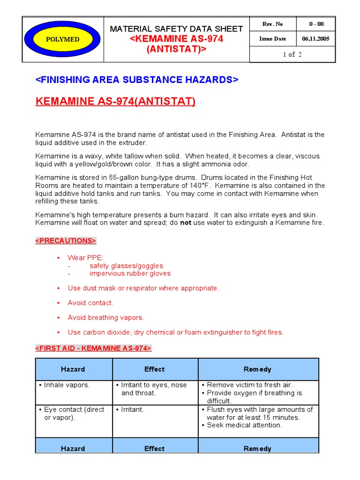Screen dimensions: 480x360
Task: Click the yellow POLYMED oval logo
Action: [62, 39]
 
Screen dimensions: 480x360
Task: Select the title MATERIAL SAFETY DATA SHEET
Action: [176, 29]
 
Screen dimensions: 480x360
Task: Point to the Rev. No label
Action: [272, 24]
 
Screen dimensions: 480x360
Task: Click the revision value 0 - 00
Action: [316, 24]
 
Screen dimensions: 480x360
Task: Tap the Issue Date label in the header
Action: [272, 39]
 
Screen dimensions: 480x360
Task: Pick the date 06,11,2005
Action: [316, 39]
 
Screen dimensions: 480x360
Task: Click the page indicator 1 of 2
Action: [292, 54]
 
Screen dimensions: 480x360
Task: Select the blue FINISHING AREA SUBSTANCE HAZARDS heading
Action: [137, 80]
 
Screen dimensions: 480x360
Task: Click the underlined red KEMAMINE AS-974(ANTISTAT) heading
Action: [115, 102]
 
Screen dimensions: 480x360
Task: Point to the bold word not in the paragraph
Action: [186, 223]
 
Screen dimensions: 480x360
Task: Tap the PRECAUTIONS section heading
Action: [66, 240]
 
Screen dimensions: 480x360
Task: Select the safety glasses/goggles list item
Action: [126, 266]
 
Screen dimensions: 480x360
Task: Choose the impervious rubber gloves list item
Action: [130, 273]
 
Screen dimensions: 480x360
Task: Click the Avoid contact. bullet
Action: [90, 303]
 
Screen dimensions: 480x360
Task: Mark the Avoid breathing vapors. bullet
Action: [105, 317]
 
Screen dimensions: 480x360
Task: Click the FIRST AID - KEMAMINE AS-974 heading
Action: [93, 348]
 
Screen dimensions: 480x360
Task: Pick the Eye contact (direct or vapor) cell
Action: [74, 413]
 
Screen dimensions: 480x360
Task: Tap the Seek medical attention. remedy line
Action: [244, 425]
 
